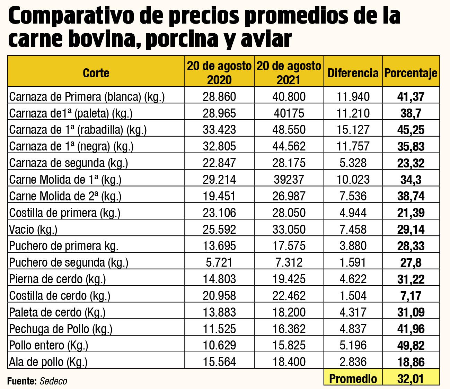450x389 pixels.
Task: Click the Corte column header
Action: tap(96, 73)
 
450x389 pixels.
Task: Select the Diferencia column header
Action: tap(353, 73)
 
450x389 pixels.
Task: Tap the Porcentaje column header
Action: tap(411, 73)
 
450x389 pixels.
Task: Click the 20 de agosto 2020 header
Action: tap(219, 73)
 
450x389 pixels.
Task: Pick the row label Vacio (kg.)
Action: tap(33, 229)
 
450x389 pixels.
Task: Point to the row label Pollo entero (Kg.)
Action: tap(48, 345)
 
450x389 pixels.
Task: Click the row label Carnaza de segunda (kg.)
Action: tap(69, 163)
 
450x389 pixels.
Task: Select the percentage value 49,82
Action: tap(411, 346)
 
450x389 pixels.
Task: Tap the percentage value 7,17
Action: tap(411, 296)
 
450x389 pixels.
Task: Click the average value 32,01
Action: tap(411, 378)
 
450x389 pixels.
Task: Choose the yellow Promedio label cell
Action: tap(353, 378)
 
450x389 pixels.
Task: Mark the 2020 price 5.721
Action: tap(219, 262)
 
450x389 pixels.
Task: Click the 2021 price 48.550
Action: tap(289, 130)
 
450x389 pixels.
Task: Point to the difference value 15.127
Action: tap(353, 130)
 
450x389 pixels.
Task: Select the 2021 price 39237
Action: tap(289, 180)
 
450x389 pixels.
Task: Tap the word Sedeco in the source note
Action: tap(53, 381)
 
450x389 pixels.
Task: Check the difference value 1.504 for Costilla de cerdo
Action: tap(353, 296)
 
